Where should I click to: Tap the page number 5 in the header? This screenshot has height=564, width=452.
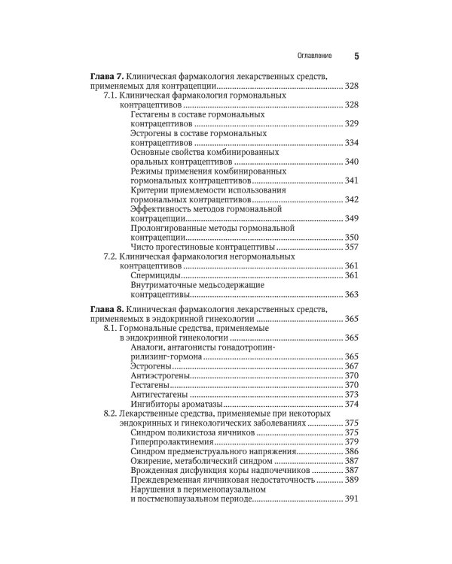pos(356,56)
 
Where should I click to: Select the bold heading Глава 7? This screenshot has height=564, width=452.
pos(106,77)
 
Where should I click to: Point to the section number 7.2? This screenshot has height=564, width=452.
pos(111,256)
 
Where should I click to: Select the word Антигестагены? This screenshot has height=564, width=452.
pos(162,394)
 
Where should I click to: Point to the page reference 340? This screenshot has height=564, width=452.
pos(351,162)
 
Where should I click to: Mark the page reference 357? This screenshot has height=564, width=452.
pos(351,247)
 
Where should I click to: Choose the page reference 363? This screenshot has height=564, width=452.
pos(351,295)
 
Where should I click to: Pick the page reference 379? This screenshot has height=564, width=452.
pos(351,441)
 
